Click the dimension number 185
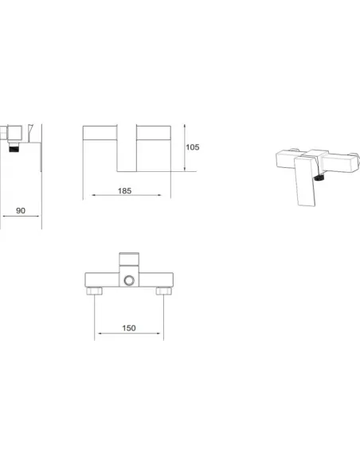(124, 190)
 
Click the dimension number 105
(193, 147)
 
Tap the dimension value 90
(21, 210)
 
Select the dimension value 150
(129, 328)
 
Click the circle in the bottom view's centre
(129, 280)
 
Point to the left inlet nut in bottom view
(94, 291)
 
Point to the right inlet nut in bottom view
(163, 291)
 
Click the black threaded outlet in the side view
(14, 147)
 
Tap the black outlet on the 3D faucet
(319, 178)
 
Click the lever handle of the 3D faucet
(305, 182)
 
